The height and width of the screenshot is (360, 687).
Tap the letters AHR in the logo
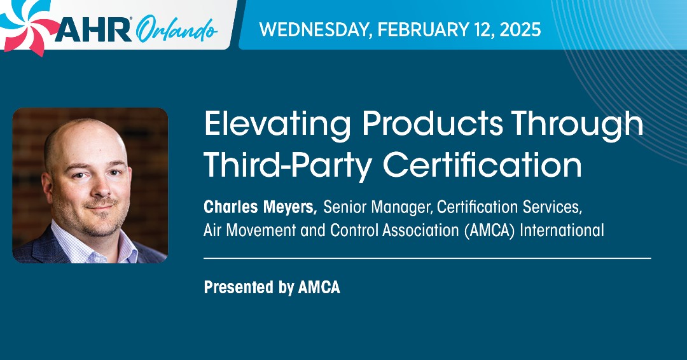(x=94, y=29)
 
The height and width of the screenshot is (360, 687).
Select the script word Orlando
(x=177, y=29)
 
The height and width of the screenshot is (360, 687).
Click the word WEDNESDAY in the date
(x=312, y=29)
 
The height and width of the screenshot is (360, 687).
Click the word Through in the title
(x=591, y=124)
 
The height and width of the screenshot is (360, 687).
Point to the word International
(x=562, y=230)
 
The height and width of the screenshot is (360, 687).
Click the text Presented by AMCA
(x=272, y=287)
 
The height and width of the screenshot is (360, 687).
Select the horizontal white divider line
(x=427, y=258)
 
